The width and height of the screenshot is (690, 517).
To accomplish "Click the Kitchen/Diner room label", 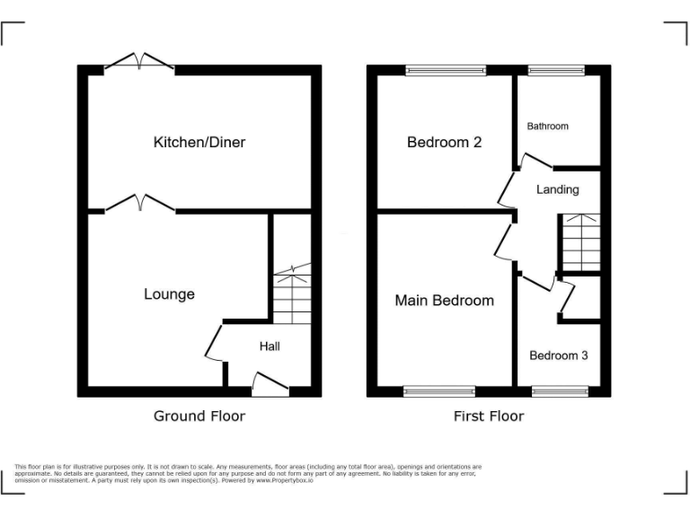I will pos(199,142).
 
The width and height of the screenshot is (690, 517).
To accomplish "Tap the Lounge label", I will pos(169,294).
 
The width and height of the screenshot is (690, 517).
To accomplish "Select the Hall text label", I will pos(270,346).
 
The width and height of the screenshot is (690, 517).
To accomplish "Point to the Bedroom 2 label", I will pos(445,142).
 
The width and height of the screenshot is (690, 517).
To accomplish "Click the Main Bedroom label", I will pos(444,300).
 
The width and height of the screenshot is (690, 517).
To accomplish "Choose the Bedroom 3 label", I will pos(558,355).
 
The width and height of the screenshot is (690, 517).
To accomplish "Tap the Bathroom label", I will pos(547,127).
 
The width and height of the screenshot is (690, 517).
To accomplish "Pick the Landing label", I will pos(557,189).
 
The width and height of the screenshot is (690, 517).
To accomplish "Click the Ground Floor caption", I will pos(199,416).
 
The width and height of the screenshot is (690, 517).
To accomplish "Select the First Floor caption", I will pos(489,416).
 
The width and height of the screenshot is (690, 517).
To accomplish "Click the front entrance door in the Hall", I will pos(270,386).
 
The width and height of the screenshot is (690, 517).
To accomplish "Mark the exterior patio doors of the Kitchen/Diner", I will pos(139,63).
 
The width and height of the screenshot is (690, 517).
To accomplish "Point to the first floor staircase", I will pos(579,242).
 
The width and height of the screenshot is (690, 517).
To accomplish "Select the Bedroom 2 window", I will pos(445,70).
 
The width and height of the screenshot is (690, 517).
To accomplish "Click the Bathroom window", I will pos(555,70).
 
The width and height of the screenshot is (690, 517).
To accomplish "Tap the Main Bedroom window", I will pos(438,391).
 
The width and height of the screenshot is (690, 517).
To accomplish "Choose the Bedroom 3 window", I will pos(559,391).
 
